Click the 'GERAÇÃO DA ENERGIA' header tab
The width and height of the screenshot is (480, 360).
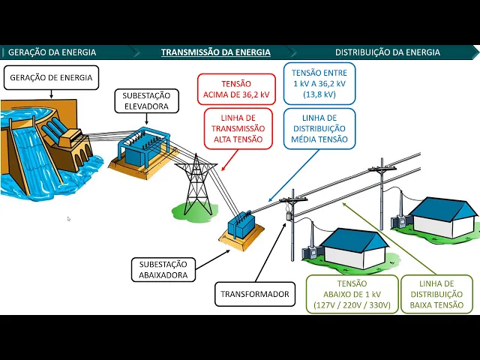pos(52,52)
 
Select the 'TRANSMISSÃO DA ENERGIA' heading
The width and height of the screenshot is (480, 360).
pos(216,52)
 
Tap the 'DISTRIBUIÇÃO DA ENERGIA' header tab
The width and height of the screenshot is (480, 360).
pos(388,52)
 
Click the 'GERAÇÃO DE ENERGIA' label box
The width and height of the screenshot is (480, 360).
pos(51,78)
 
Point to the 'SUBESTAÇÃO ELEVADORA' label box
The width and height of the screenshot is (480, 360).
pos(146,101)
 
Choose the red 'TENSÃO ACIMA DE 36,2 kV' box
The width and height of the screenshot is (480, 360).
pos(236,89)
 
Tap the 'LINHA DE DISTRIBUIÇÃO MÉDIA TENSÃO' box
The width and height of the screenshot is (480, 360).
pos(319,128)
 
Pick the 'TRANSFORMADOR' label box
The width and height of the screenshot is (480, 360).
pos(254,295)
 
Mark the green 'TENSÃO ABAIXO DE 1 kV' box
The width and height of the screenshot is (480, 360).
pos(352,294)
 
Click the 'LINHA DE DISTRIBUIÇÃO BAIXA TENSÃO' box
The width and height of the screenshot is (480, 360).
pos(437,294)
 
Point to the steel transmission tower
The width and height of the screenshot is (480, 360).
pos(196,184)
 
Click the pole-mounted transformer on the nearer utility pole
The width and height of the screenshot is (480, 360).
pos(289,216)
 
